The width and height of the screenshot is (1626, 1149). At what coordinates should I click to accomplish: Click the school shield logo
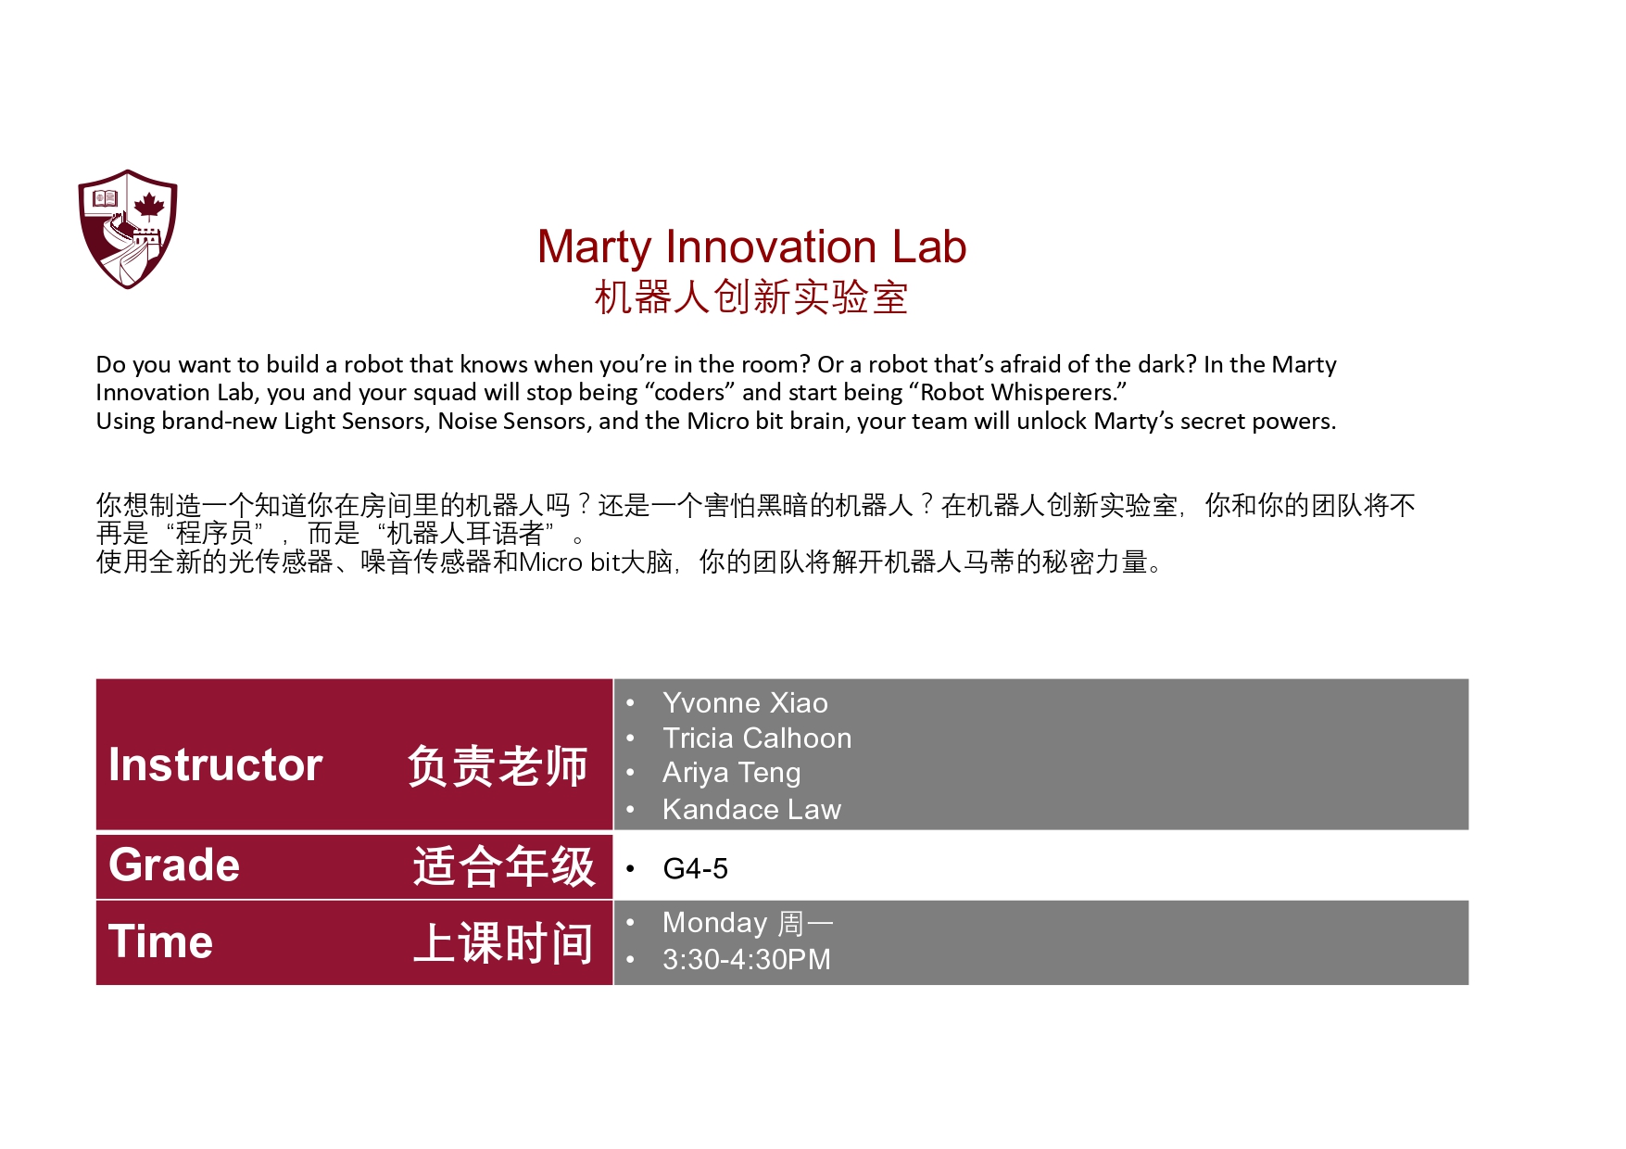pos(128,228)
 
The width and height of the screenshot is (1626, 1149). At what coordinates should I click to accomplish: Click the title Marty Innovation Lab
pos(751,247)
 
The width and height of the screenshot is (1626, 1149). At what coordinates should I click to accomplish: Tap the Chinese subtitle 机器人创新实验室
pos(750,297)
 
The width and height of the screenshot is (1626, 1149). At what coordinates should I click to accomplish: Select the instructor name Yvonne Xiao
pos(745,703)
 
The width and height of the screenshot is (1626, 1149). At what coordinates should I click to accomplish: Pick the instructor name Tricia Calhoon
pos(757,739)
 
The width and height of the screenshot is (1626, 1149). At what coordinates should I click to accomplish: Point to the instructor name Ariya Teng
pos(731,773)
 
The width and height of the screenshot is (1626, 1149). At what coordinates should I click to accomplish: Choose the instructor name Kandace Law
pos(751,810)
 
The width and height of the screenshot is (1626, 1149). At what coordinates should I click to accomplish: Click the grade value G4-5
pos(695,869)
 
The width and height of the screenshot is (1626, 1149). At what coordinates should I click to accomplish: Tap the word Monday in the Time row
pos(714,924)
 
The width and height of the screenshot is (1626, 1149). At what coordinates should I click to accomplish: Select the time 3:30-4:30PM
pos(746,960)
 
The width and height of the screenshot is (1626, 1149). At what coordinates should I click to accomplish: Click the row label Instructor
pos(215,765)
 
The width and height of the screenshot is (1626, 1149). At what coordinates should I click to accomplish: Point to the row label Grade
pos(174,865)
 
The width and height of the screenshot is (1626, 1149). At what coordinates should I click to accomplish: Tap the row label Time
pos(160,942)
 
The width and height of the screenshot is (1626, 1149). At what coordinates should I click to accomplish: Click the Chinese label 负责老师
pos(498,766)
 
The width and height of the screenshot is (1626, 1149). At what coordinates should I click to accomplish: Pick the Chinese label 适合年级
pos(503,866)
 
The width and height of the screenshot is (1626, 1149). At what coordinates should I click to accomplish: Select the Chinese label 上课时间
pos(503,943)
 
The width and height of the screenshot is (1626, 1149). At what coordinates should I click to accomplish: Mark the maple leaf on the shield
pos(149,205)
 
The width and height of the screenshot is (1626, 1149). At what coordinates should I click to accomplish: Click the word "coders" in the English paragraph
pos(690,393)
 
